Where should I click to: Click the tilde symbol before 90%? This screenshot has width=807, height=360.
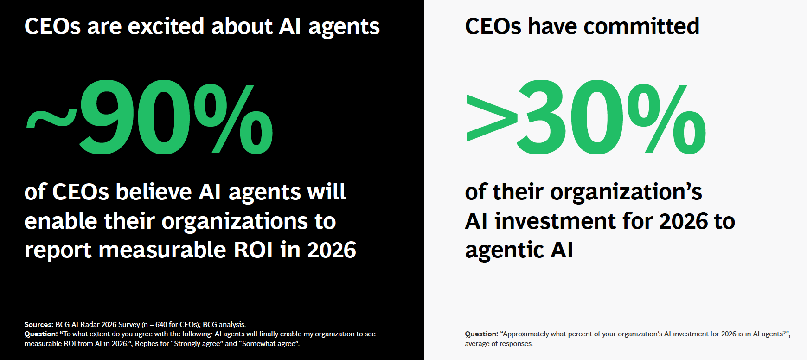pyautogui.click(x=51, y=120)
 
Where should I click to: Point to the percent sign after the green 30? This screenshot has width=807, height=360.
pyautogui.click(x=667, y=119)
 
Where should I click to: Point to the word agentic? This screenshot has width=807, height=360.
pyautogui.click(x=504, y=251)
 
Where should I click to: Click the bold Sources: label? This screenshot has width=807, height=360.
pyautogui.click(x=39, y=325)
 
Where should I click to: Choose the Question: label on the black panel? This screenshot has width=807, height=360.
pyautogui.click(x=41, y=334)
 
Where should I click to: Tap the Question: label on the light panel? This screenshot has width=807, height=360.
pyautogui.click(x=481, y=334)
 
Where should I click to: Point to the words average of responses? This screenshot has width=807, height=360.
pyautogui.click(x=499, y=344)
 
